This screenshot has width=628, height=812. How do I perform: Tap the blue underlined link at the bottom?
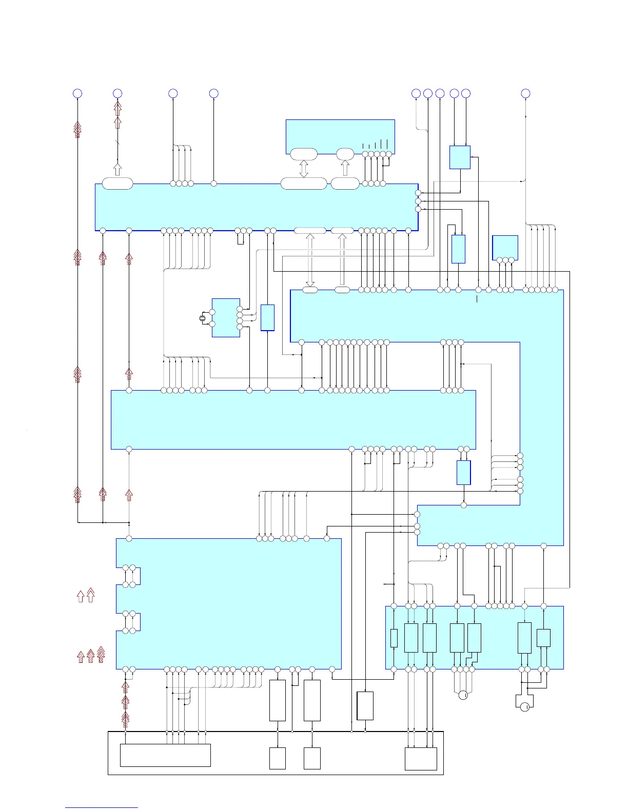tap(102, 808)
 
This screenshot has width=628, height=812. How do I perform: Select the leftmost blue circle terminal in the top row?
tap(77, 93)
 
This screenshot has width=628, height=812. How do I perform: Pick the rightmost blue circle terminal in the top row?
tap(525, 93)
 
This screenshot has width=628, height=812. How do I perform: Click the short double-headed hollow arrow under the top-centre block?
tap(304, 169)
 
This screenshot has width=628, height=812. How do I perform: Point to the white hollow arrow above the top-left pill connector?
tap(117, 169)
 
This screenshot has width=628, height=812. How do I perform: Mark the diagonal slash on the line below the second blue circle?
tap(117, 144)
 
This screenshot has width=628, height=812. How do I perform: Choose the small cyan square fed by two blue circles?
tap(460, 157)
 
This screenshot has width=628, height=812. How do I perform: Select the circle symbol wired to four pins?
tap(463, 695)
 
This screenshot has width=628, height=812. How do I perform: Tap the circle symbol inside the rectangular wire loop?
tap(524, 707)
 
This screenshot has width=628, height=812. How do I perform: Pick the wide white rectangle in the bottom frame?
tap(165, 755)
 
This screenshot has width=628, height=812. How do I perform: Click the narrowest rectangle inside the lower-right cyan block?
tap(394, 638)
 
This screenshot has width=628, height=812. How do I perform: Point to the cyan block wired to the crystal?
tap(226, 318)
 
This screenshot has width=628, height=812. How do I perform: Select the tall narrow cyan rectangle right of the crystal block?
tap(267, 318)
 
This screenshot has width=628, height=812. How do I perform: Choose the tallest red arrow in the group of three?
tap(101, 654)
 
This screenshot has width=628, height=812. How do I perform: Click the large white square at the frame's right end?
tap(421, 759)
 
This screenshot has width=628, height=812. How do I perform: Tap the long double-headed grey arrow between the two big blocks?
tap(310, 260)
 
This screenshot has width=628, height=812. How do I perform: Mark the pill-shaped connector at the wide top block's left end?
tap(117, 184)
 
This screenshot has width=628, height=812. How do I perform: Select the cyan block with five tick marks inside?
tap(340, 136)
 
